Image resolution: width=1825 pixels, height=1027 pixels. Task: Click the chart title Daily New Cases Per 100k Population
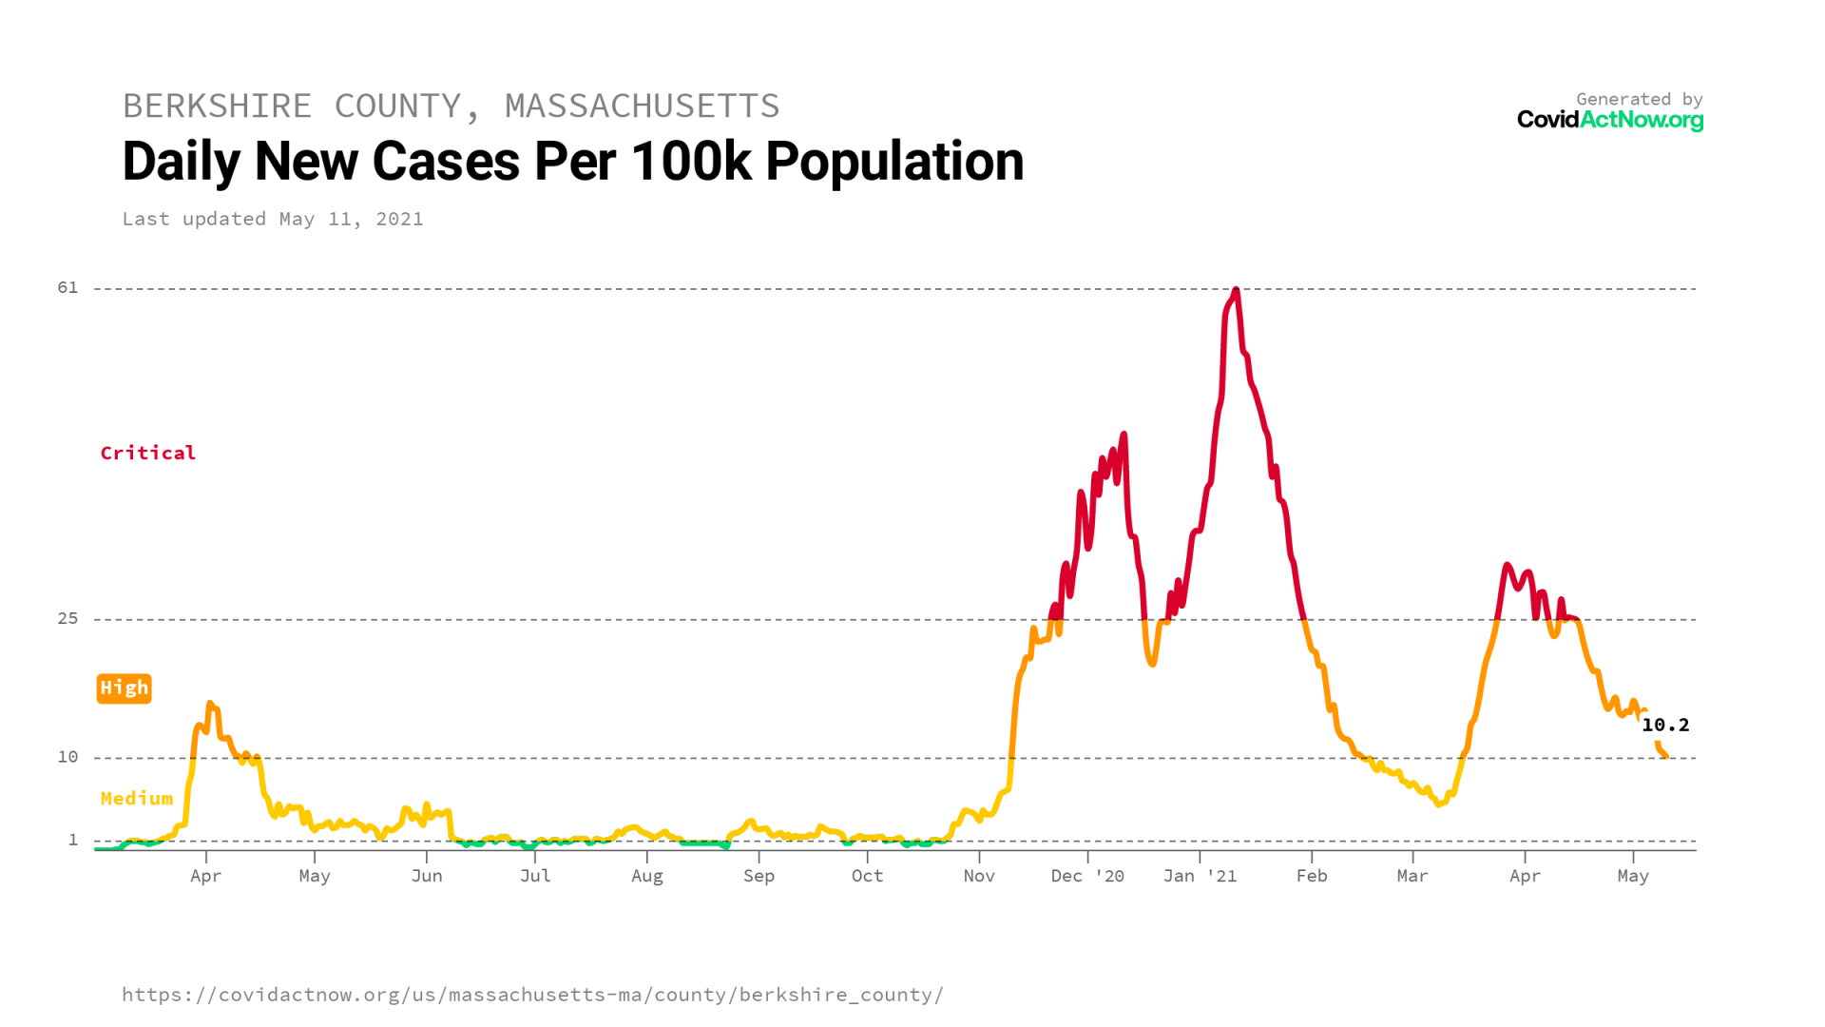(572, 162)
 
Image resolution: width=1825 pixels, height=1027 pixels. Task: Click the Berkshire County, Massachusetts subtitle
(451, 106)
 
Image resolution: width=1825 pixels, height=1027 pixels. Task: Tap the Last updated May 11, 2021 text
(272, 219)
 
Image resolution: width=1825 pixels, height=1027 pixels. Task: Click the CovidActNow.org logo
(1609, 120)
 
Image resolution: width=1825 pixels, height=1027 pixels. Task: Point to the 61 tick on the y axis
(67, 287)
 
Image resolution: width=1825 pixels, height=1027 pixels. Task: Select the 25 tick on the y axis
(67, 618)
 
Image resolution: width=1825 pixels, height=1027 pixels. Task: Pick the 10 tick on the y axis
(67, 757)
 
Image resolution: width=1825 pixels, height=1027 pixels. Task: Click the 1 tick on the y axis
(72, 840)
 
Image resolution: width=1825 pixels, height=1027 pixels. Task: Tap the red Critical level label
(148, 453)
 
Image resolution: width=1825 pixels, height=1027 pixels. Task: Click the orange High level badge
(124, 688)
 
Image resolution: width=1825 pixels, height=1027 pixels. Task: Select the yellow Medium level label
(137, 799)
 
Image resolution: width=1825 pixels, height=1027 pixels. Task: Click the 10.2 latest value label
(1665, 725)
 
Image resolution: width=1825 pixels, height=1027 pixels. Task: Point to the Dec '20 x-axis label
(1087, 876)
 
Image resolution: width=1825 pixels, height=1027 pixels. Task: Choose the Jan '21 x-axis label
(1200, 876)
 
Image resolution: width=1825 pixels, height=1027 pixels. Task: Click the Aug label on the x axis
(647, 876)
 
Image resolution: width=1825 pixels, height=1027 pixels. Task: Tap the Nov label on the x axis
(979, 876)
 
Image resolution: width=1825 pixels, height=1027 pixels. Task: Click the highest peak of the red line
(1235, 290)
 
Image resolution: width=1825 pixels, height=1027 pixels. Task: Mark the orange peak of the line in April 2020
(210, 705)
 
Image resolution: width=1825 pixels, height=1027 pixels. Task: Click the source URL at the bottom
(532, 995)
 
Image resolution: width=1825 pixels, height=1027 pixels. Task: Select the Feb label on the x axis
(1312, 876)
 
